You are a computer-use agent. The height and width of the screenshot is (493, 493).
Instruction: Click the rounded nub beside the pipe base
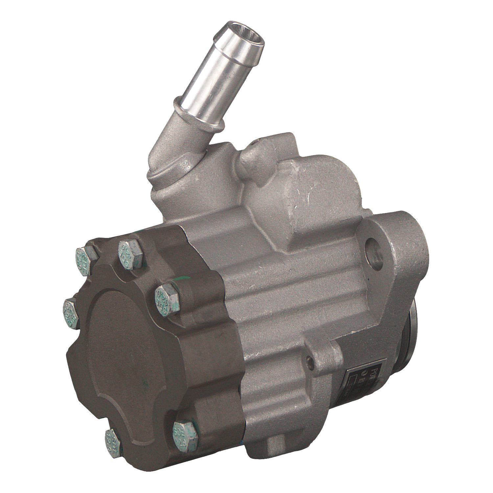point(251,154)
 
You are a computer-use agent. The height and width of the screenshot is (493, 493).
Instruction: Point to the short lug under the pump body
point(276,449)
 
